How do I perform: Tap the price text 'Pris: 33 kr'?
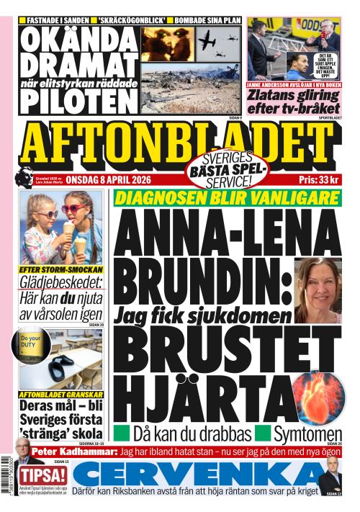[x=320, y=180]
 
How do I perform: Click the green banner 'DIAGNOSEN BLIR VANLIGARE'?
[x=226, y=198]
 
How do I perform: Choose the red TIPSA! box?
[x=43, y=476]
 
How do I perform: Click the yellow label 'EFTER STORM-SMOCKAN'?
[x=57, y=269]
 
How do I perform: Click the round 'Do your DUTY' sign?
[x=30, y=342]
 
